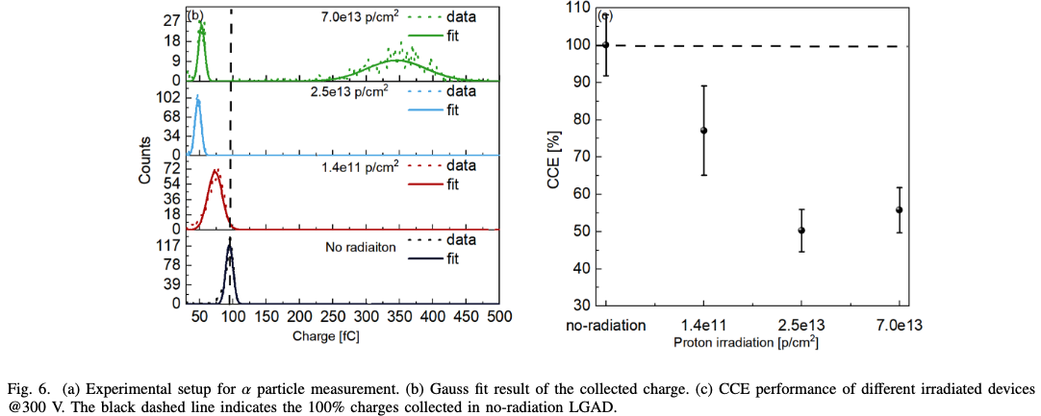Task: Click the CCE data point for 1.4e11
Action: pyautogui.click(x=704, y=131)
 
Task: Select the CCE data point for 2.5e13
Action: pyautogui.click(x=801, y=231)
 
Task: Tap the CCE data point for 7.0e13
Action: pyautogui.click(x=900, y=209)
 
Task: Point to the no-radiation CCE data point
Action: pyautogui.click(x=605, y=45)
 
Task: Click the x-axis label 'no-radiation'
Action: pyautogui.click(x=605, y=326)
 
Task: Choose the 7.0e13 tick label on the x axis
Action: pyautogui.click(x=900, y=326)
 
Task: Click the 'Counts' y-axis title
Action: pyautogui.click(x=144, y=159)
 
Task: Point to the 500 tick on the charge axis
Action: pyautogui.click(x=498, y=316)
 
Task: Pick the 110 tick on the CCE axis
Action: pyautogui.click(x=577, y=9)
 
